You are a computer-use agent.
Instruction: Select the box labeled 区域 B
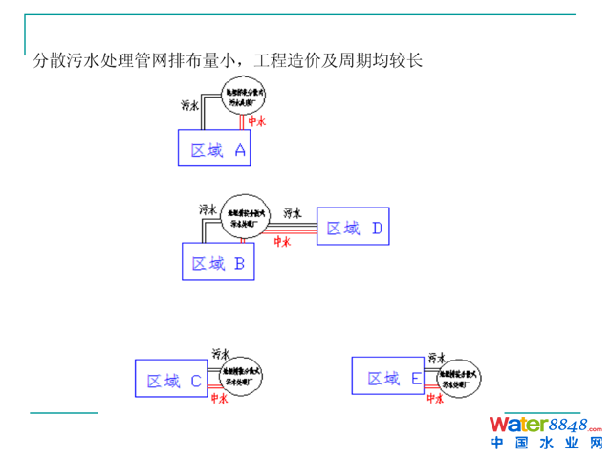pos(219,261)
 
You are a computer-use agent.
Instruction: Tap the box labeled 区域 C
pos(169,379)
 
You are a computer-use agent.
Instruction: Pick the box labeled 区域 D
pos(355,227)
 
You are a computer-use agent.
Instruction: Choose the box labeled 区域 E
pos(387,377)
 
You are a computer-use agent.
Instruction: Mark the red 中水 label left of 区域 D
pos(282,242)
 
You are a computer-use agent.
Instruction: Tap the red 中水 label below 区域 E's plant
pos(435,400)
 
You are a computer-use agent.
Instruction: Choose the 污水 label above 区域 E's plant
pos(436,355)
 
